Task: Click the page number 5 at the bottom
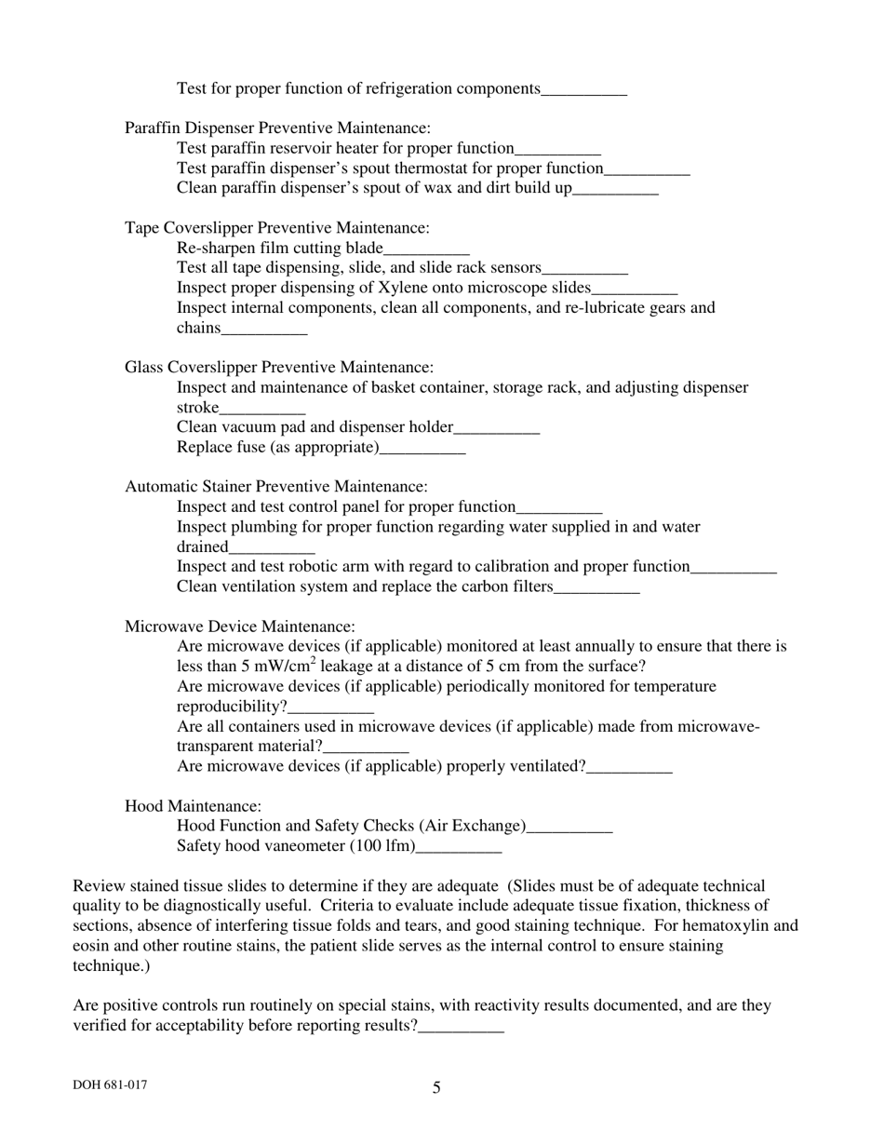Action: pos(436,1087)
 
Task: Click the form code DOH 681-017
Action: pos(110,1085)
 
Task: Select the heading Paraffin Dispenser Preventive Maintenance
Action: pos(277,128)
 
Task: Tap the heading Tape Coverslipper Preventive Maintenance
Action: pos(277,228)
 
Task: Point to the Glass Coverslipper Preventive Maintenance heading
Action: pos(279,368)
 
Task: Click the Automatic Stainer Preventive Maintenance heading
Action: pos(276,487)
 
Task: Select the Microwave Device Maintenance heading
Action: pos(240,627)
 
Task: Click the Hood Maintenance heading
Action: pos(194,806)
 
